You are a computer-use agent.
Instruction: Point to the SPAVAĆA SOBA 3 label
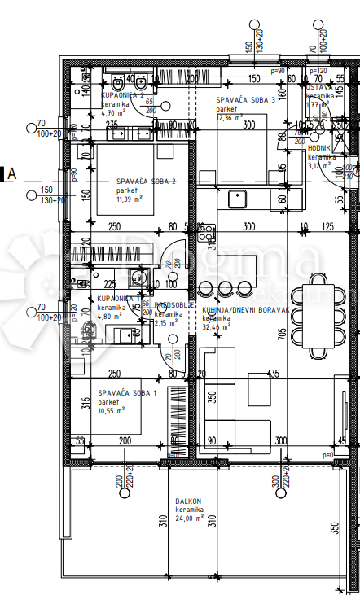(245, 100)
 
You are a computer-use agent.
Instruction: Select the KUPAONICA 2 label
(122, 95)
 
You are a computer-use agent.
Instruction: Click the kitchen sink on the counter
(239, 196)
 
